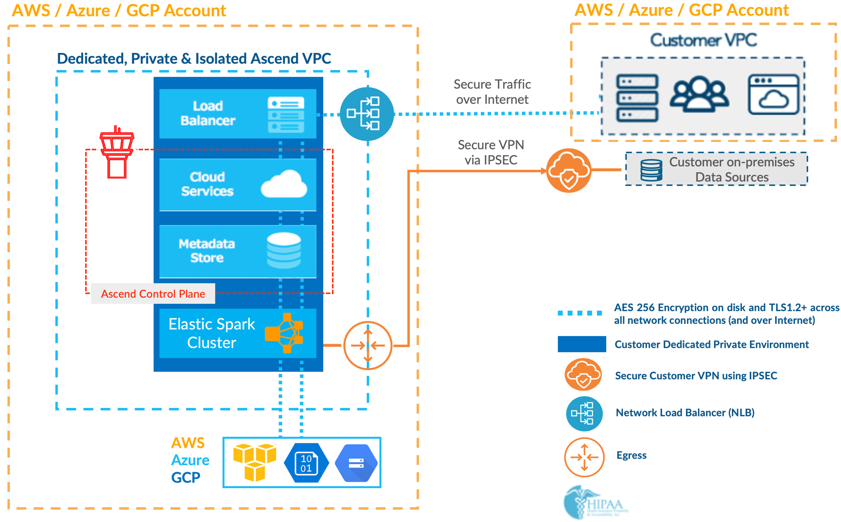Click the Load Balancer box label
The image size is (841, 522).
click(208, 113)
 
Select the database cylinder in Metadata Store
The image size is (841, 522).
click(284, 250)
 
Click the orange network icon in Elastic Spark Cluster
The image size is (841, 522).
click(285, 333)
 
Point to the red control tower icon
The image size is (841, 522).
click(117, 152)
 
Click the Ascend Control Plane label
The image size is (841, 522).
click(153, 294)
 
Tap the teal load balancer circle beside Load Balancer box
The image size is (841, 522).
click(367, 114)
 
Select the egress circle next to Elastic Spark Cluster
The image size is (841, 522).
click(368, 345)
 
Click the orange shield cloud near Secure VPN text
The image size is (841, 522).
click(569, 170)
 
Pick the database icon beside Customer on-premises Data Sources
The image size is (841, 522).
click(651, 170)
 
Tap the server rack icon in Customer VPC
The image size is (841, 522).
click(637, 98)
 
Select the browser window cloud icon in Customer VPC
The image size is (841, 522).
click(773, 94)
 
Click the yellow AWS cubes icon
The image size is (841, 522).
click(255, 462)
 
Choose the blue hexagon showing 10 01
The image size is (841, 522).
click(306, 463)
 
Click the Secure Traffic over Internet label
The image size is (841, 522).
click(492, 92)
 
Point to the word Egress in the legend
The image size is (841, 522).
click(631, 455)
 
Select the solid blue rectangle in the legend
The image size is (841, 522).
click(582, 344)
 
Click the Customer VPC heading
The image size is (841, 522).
click(703, 40)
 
